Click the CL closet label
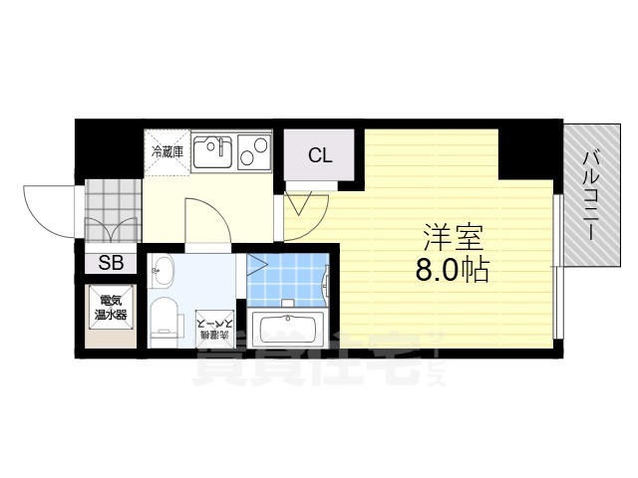pyautogui.click(x=320, y=155)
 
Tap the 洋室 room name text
pyautogui.click(x=453, y=240)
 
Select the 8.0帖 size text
pyautogui.click(x=454, y=270)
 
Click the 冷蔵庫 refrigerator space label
pyautogui.click(x=165, y=152)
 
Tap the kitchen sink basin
pyautogui.click(x=211, y=153)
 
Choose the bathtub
pyautogui.click(x=290, y=328)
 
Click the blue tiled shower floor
pyautogui.click(x=290, y=278)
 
